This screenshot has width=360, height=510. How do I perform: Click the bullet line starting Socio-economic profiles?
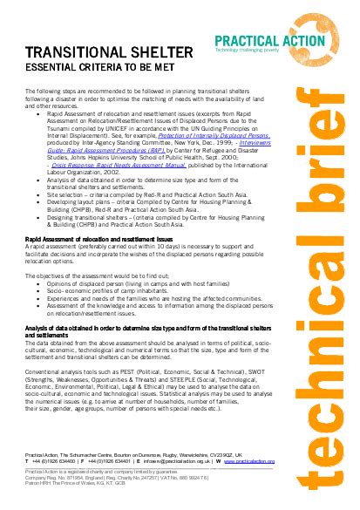click(x=101, y=290)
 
